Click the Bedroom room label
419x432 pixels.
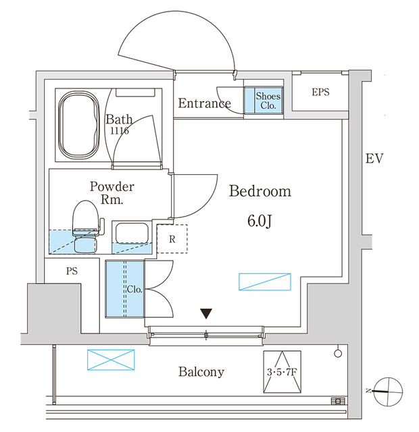click(x=260, y=192)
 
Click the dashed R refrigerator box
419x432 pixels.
click(x=173, y=238)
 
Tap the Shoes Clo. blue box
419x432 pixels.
click(x=268, y=101)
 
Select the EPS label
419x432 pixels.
click(x=320, y=92)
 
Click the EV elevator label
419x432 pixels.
click(x=374, y=159)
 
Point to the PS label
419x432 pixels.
click(x=72, y=272)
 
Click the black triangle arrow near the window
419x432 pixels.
click(x=207, y=314)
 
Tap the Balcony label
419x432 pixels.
click(x=201, y=372)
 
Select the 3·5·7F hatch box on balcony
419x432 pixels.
click(x=281, y=372)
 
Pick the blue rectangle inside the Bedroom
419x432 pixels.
click(x=265, y=282)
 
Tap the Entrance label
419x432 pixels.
click(x=204, y=103)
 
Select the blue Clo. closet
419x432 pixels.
click(x=125, y=289)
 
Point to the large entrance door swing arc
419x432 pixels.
click(x=177, y=40)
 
